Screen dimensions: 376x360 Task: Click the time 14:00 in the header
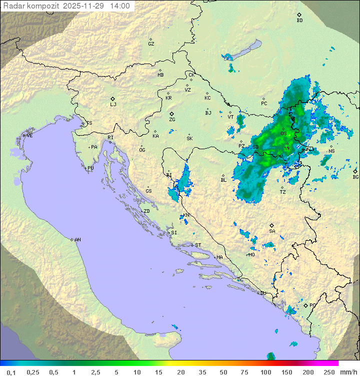120,7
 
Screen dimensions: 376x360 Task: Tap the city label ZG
172,120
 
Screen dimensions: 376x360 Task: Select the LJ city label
113,104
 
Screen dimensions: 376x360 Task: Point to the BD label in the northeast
299,21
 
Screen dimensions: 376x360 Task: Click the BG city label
355,177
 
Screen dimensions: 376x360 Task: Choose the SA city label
272,231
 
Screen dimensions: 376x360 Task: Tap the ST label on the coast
198,245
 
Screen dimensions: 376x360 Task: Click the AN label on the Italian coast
77,240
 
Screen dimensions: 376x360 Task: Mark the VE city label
29,136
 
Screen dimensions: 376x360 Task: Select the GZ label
151,44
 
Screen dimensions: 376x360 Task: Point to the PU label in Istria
90,168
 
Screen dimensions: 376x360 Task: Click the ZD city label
146,211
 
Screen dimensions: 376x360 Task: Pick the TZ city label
283,192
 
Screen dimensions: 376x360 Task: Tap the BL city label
223,180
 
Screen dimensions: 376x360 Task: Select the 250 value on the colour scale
329,372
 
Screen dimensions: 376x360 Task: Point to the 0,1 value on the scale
11,372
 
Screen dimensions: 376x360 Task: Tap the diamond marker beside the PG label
305,305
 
